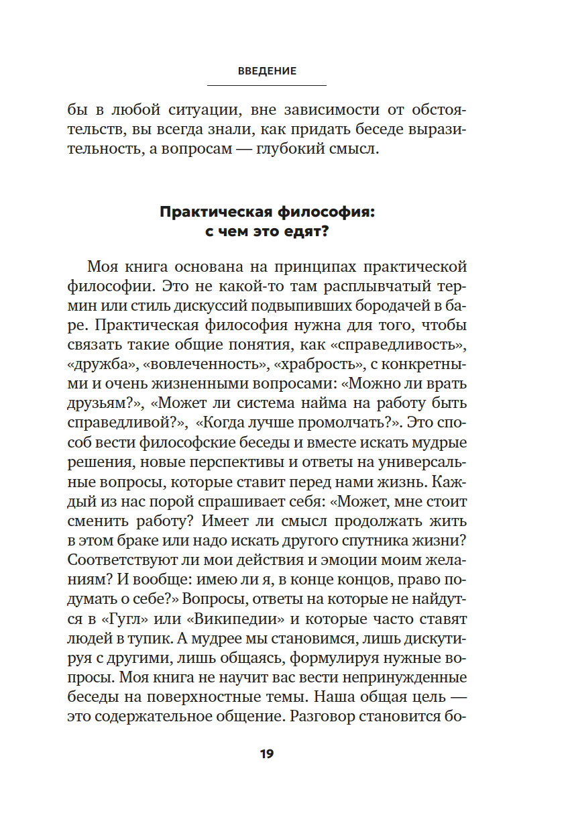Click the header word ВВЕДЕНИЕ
pos(266,70)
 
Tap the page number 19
pos(266,753)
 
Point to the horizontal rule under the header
pos(266,85)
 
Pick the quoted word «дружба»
pos(99,366)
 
